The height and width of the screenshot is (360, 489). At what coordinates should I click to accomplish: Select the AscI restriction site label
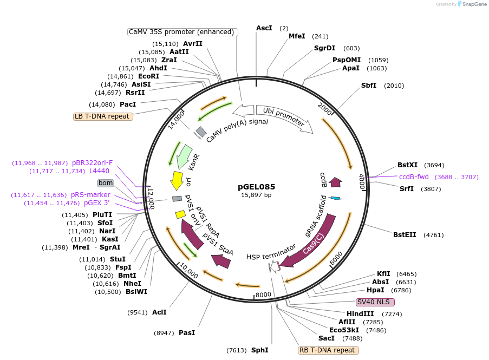pos(264,28)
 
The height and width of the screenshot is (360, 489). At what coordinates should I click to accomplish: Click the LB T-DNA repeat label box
pos(103,116)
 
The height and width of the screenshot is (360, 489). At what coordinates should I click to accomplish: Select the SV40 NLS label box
pos(375,302)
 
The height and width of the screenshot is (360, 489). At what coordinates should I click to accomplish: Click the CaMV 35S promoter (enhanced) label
pos(183,32)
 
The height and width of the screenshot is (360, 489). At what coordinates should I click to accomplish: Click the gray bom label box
pos(105,183)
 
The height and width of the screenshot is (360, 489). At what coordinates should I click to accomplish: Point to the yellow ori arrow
pos(177,180)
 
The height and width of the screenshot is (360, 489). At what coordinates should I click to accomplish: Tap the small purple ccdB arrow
pos(336,182)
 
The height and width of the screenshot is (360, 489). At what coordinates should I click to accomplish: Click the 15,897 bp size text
pos(256,195)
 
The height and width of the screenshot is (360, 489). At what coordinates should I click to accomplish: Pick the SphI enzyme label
pos(259,350)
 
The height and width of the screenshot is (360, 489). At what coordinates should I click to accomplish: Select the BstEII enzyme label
pos(405,235)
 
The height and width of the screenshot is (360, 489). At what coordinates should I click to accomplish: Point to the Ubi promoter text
pos(284,119)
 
